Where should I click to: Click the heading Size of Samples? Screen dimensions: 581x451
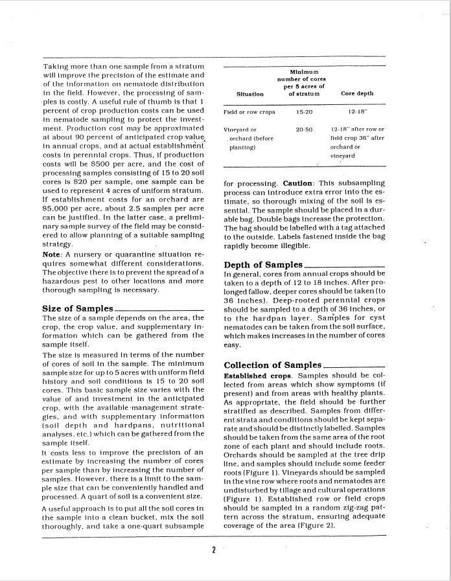click(x=78, y=308)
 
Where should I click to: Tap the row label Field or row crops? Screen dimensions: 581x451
click(x=249, y=112)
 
